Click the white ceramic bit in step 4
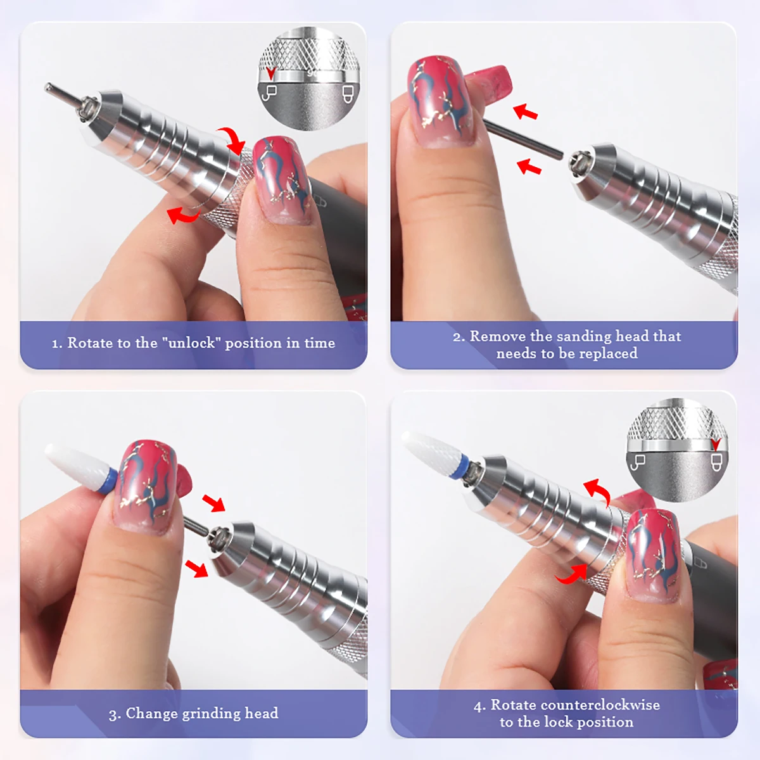point(431,449)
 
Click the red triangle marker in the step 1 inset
point(271,73)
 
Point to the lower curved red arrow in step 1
point(183,216)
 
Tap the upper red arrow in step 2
point(526,113)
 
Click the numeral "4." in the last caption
point(479,706)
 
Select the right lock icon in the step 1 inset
point(346,93)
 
